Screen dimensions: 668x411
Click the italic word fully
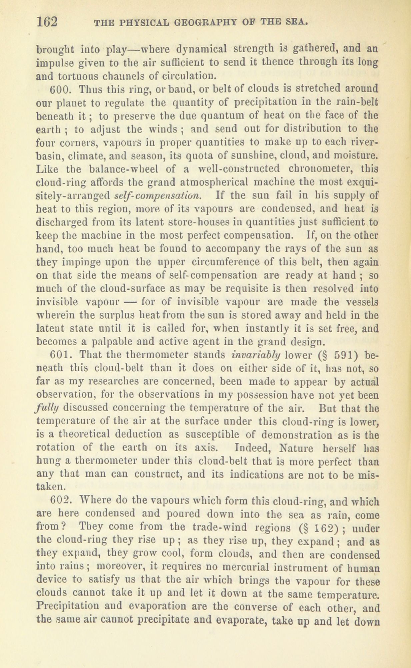click(x=48, y=408)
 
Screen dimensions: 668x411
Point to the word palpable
click(x=104, y=342)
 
